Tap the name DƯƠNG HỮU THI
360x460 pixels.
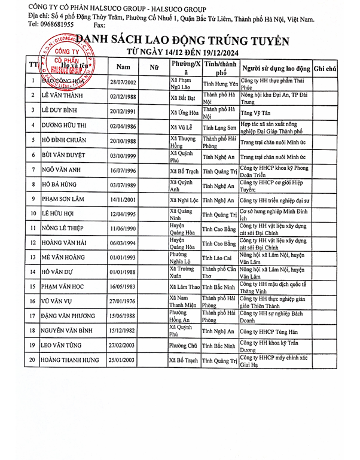[x=65, y=126]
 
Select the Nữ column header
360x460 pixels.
[x=154, y=66]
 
